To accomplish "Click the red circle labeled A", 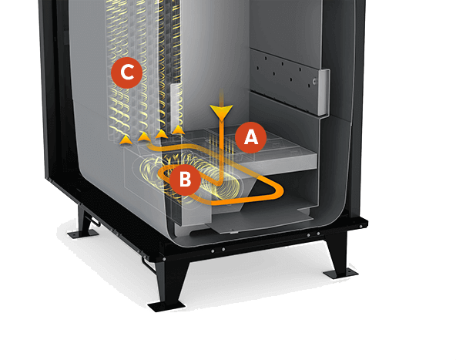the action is pyautogui.click(x=250, y=138).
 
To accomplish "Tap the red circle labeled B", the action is pyautogui.click(x=185, y=180).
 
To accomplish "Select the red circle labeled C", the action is pyautogui.click(x=127, y=72).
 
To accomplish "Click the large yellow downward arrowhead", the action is pyautogui.click(x=222, y=113).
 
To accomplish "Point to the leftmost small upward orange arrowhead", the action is pyautogui.click(x=126, y=140).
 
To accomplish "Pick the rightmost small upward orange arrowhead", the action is pyautogui.click(x=178, y=130).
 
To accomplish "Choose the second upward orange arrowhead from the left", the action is pyautogui.click(x=144, y=136).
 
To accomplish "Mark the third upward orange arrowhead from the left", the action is pyautogui.click(x=161, y=134).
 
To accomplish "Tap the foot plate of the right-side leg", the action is pyautogui.click(x=340, y=274).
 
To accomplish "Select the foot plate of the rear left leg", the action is pyautogui.click(x=82, y=234).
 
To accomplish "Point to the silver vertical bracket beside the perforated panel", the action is pyautogui.click(x=324, y=93).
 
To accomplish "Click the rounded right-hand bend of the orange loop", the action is pyautogui.click(x=278, y=190).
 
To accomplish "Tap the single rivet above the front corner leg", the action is pyautogui.click(x=164, y=259).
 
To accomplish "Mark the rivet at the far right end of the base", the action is pyautogui.click(x=360, y=226).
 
